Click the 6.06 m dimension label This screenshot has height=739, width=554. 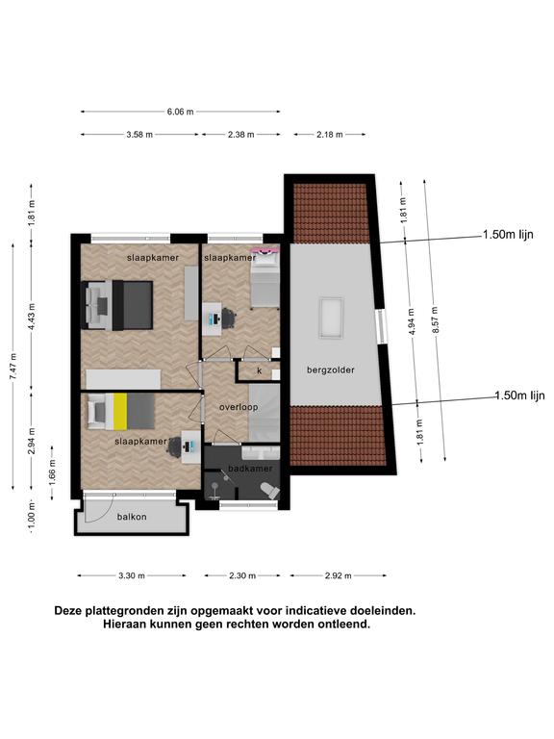coord(180,112)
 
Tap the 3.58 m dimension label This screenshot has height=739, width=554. coord(139,135)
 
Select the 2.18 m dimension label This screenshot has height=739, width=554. coord(330,135)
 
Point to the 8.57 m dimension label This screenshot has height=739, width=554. coord(435,320)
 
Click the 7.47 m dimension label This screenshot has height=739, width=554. coord(14,367)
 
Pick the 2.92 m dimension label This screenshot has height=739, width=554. coord(339,575)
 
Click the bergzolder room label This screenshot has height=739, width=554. coord(331,369)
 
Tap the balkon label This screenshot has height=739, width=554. coord(132,517)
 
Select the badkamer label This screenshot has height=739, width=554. coord(250,469)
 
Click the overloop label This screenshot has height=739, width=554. coord(239,407)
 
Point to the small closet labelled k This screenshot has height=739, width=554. coord(259,371)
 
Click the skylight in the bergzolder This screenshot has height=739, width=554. coord(331,318)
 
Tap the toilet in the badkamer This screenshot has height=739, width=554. coord(270,491)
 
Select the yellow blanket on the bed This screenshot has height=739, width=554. coord(120,412)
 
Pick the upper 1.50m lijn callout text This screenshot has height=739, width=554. coord(508,234)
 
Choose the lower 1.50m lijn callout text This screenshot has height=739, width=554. coord(519,395)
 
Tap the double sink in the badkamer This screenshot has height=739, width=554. coord(261,453)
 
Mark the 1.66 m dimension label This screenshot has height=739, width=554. coord(52,472)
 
